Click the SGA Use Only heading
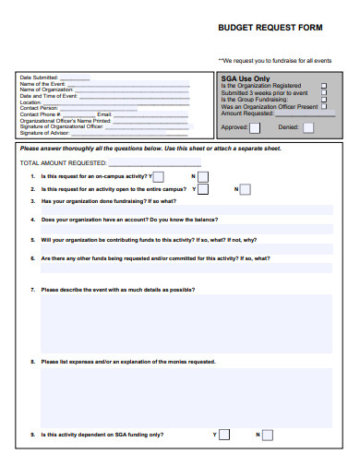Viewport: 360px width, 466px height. (246, 78)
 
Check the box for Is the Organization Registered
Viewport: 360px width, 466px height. (323, 86)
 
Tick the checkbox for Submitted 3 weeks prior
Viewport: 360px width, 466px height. (323, 92)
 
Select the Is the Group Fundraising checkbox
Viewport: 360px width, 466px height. (323, 100)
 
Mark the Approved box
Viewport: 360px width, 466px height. (257, 126)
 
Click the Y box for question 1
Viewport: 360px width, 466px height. (159, 176)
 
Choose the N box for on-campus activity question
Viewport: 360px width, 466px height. (202, 176)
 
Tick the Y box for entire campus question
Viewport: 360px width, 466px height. (203, 189)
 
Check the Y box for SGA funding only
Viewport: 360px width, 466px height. (224, 433)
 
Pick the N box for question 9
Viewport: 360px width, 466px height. (268, 433)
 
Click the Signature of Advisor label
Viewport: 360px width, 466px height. (45, 131)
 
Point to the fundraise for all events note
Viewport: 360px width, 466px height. (275, 60)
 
